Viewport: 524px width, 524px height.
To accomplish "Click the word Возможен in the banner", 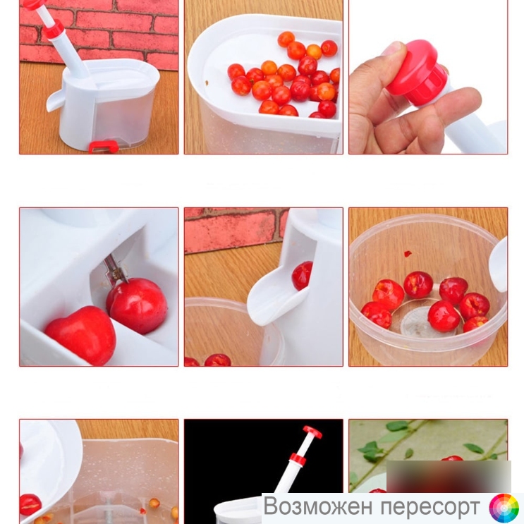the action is click(317, 506).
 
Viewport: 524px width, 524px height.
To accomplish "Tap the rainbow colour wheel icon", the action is click(504, 508).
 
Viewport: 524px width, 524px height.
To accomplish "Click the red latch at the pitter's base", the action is click(104, 147).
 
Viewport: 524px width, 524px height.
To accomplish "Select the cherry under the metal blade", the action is click(137, 306).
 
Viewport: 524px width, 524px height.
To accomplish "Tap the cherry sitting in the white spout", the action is click(303, 275).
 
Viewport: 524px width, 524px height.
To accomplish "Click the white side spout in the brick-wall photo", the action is click(55, 100).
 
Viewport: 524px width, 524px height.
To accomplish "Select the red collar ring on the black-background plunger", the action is click(298, 460).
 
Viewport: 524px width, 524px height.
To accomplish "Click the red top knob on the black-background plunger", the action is click(312, 432).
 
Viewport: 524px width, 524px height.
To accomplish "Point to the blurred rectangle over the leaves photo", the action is click(449, 476).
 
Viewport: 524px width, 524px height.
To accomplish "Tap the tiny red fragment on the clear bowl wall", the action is click(408, 254).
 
